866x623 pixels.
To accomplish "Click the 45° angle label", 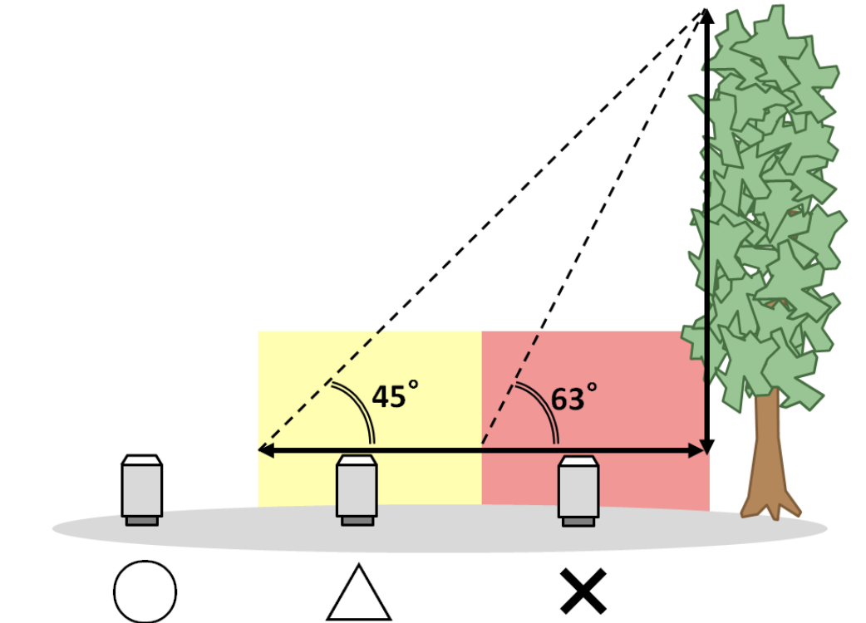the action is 395,395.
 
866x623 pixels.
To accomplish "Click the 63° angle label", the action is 573,397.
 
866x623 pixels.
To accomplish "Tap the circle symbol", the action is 145,592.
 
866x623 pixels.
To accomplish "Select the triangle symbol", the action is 359,592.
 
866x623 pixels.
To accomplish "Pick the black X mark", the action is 583,591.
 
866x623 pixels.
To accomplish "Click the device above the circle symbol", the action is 142,490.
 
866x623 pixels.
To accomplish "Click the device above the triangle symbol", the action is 357,490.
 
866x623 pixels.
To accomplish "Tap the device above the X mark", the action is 578,491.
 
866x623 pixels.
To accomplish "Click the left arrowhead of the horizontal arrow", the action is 266,450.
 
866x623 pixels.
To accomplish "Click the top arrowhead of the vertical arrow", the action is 706,17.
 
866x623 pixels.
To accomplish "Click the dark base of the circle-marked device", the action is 142,521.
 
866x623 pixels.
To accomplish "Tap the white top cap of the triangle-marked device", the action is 357,460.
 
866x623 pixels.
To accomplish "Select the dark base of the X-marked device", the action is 578,522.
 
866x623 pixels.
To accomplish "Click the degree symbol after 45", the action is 412,385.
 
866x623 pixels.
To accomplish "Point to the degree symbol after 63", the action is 592,387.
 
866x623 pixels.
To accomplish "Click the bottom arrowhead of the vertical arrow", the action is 707,446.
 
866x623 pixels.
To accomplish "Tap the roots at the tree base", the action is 770,508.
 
